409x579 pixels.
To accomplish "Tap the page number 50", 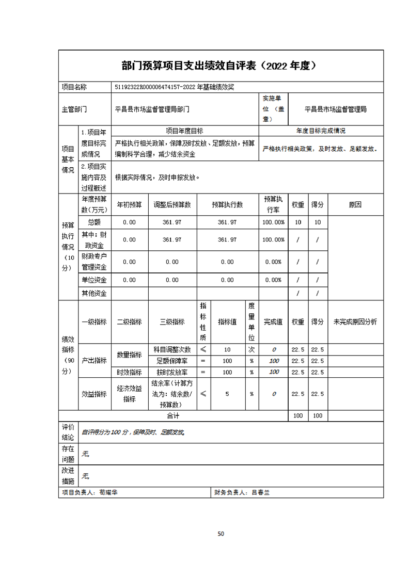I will coord(221,534).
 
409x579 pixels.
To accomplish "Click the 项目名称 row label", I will coord(74,88).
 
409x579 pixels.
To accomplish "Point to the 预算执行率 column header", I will coord(273,204).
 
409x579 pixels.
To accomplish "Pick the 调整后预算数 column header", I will coord(172,205).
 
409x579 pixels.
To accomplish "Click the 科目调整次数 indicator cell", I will coord(172,350).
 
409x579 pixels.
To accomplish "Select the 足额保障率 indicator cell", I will coord(172,361).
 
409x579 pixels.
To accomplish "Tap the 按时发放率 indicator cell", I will coord(172,372).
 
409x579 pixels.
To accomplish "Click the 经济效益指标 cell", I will coord(129,394).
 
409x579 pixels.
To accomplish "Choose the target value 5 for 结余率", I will coord(227,394).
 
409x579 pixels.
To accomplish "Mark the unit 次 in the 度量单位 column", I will coord(251,350).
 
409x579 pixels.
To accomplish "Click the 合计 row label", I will coord(172,415).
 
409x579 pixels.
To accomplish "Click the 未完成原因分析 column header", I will coord(355,321).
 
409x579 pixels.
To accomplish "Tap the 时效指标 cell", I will coord(129,372).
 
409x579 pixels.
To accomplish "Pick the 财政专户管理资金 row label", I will coord(94,262).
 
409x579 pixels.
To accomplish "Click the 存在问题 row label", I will coord(68,454).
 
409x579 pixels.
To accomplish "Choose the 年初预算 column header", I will coord(129,205).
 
